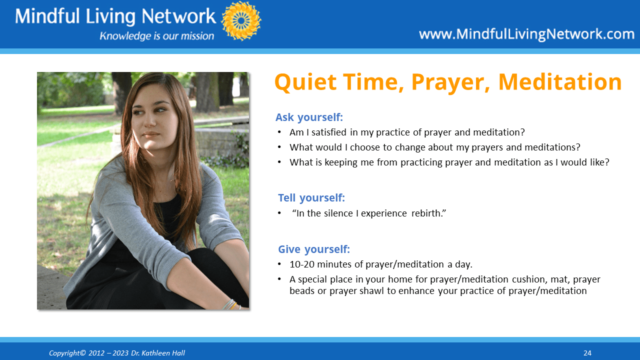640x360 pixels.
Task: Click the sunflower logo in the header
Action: [x=241, y=20]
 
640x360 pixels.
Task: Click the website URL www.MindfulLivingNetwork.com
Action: [x=526, y=34]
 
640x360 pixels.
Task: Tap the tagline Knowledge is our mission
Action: [x=157, y=36]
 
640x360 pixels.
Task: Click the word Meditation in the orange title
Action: [x=560, y=82]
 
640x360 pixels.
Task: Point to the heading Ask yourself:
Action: [x=309, y=117]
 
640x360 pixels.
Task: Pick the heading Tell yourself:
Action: [x=311, y=197]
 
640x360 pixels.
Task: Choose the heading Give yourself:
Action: [x=314, y=249]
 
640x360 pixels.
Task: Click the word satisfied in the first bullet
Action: [x=329, y=132]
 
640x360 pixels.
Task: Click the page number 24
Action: [x=587, y=353]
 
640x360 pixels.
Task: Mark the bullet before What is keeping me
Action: [x=279, y=162]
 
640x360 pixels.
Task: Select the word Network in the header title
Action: [x=179, y=16]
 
